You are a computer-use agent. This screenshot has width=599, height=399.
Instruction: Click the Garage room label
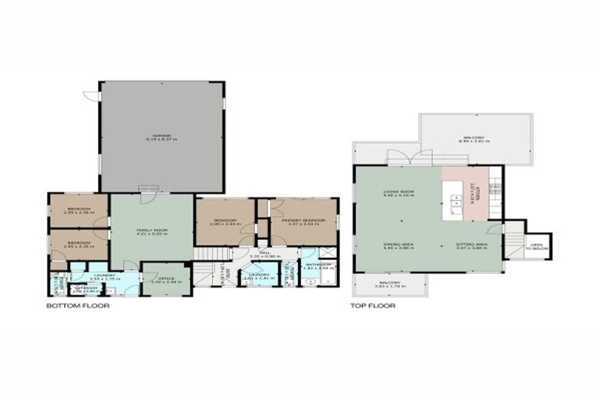[161, 136]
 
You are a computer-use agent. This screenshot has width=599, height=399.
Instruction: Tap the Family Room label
[151, 231]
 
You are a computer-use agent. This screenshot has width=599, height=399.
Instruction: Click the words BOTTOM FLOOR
[78, 306]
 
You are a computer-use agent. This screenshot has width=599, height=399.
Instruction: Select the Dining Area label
[398, 245]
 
